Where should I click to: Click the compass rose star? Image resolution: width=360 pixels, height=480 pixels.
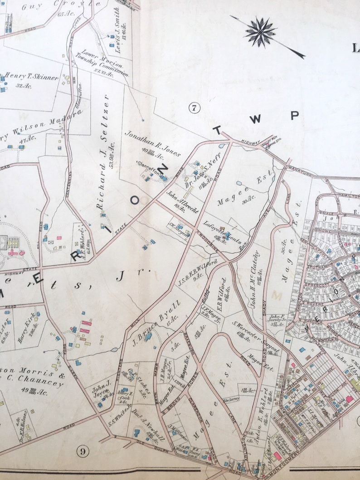260,32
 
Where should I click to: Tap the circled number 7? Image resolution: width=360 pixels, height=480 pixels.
195,108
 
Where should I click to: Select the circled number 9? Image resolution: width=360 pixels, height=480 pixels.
82,451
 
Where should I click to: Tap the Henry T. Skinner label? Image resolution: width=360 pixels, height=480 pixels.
32,78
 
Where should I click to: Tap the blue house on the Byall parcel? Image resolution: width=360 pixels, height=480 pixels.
148,337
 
